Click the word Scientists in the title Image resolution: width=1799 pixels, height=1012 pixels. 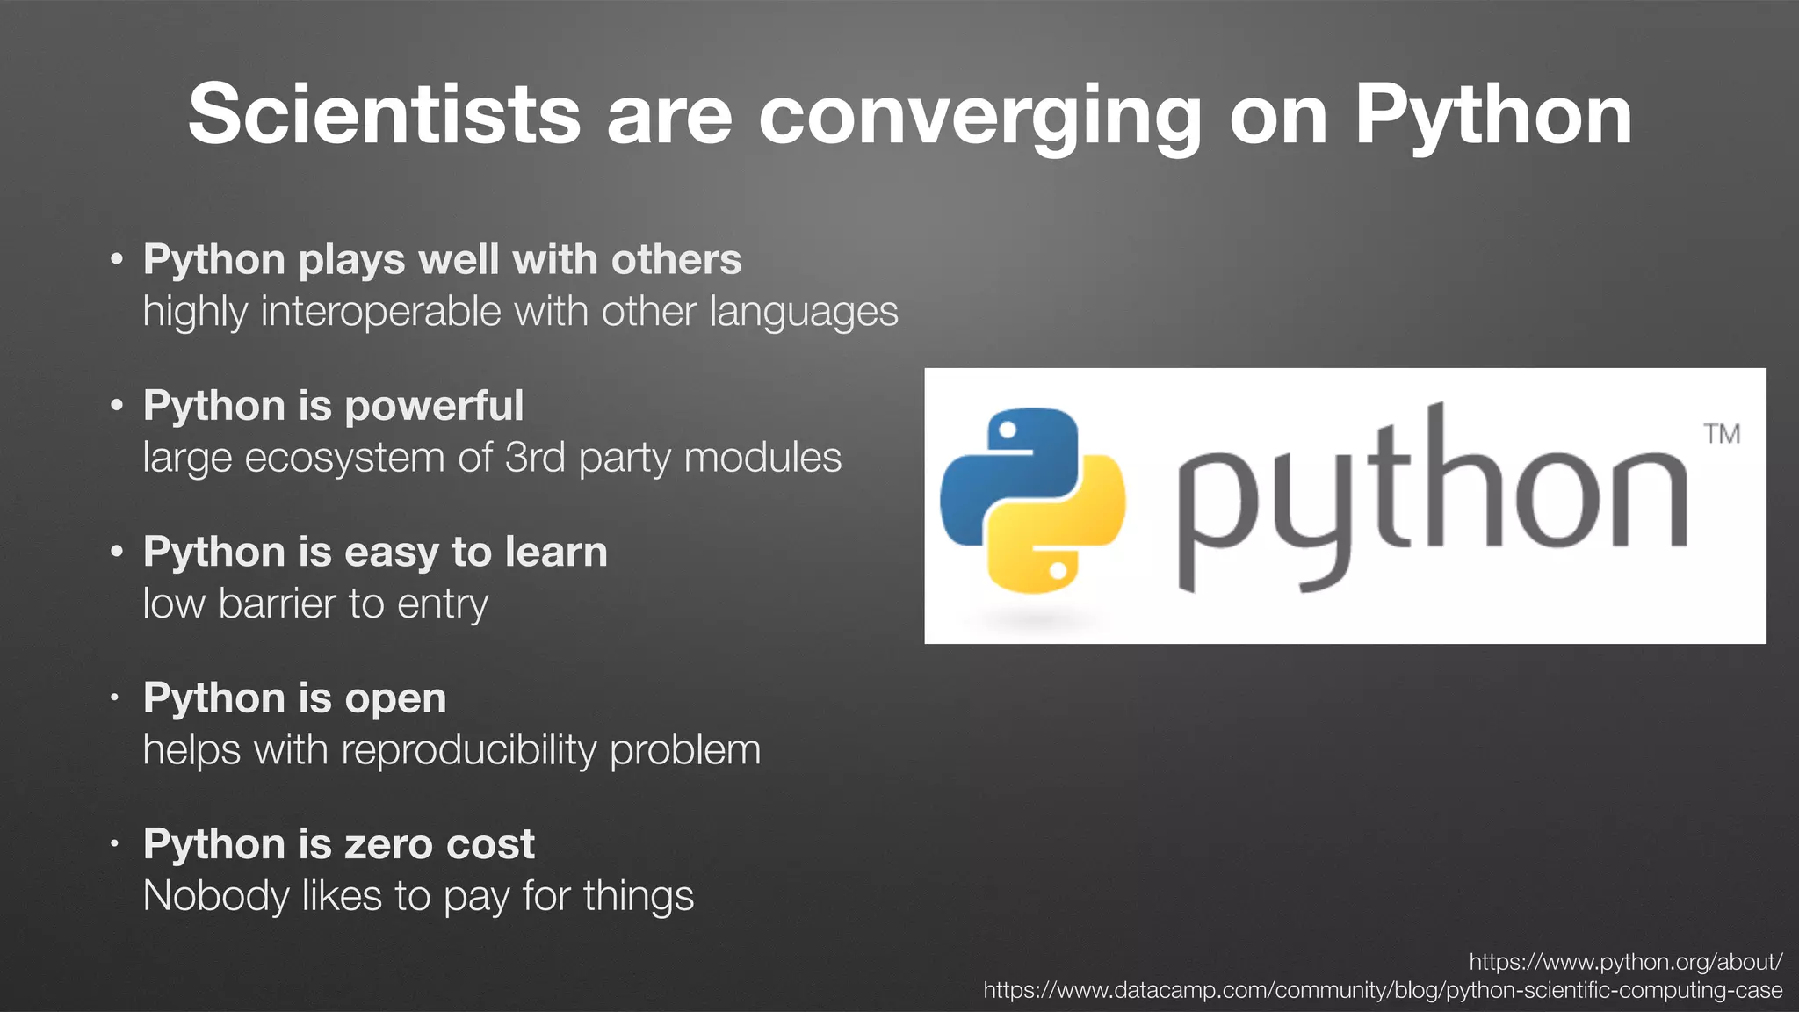(384, 114)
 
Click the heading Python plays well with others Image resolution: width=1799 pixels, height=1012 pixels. (442, 260)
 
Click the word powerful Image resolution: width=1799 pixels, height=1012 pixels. (434, 407)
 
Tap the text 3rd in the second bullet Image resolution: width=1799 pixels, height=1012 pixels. (535, 458)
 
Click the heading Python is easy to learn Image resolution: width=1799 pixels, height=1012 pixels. (375, 553)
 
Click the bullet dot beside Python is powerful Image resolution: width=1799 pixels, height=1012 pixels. (117, 406)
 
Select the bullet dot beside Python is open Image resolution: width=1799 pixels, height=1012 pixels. (115, 699)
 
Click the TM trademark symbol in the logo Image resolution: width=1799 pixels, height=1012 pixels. (1722, 434)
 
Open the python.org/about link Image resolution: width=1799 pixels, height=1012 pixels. (1625, 962)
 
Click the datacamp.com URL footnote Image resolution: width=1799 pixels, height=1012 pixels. (1383, 991)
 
